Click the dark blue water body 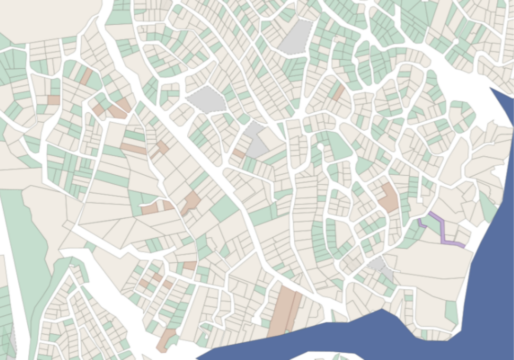pyautogui.click(x=493, y=262)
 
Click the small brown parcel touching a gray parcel pyautogui.click(x=239, y=154)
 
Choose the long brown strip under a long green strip pyautogui.click(x=133, y=149)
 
